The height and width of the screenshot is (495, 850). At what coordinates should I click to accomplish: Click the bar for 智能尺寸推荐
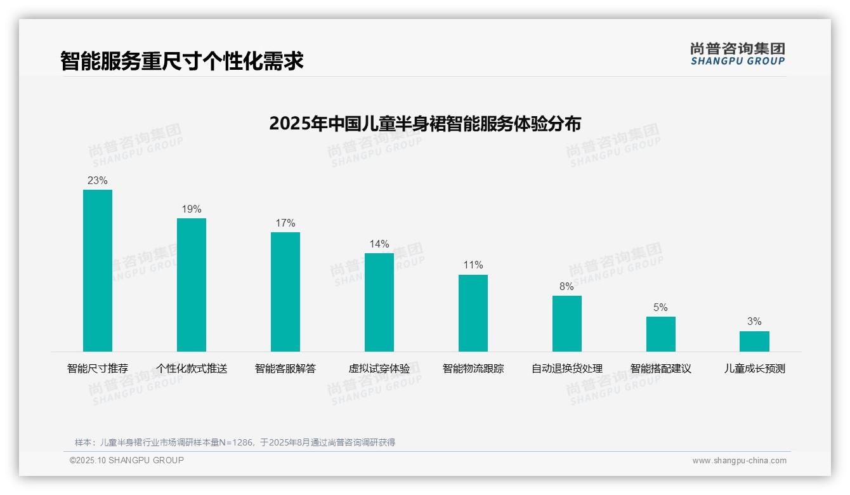[x=98, y=270]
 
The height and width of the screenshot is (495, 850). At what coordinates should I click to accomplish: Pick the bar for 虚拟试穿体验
[x=379, y=302]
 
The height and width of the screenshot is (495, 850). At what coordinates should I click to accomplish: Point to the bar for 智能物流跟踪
[x=473, y=313]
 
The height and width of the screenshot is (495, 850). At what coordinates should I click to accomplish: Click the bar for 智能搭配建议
[x=661, y=334]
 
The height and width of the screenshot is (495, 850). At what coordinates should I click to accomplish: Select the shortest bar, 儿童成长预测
[x=754, y=341]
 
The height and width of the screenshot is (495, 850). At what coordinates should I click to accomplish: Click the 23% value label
[x=98, y=181]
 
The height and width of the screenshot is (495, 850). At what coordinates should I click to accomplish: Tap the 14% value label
[x=379, y=244]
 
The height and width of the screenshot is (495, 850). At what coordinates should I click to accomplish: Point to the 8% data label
[x=566, y=287]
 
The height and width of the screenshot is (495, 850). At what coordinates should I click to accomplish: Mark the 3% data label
[x=754, y=322]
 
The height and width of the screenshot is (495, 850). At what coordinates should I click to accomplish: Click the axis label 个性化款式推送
[x=192, y=369]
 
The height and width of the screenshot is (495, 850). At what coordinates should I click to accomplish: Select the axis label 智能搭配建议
[x=661, y=369]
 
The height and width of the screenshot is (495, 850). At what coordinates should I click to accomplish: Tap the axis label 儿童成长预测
[x=755, y=369]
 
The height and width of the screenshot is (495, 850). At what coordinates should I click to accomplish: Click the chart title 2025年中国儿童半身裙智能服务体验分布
[x=425, y=124]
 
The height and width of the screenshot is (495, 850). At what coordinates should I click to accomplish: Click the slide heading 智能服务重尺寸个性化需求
[x=182, y=62]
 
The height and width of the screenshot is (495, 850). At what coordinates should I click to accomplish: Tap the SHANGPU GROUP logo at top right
[x=738, y=54]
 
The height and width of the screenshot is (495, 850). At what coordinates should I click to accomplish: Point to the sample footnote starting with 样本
[x=235, y=442]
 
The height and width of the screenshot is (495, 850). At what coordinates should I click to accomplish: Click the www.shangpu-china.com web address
[x=739, y=461]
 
